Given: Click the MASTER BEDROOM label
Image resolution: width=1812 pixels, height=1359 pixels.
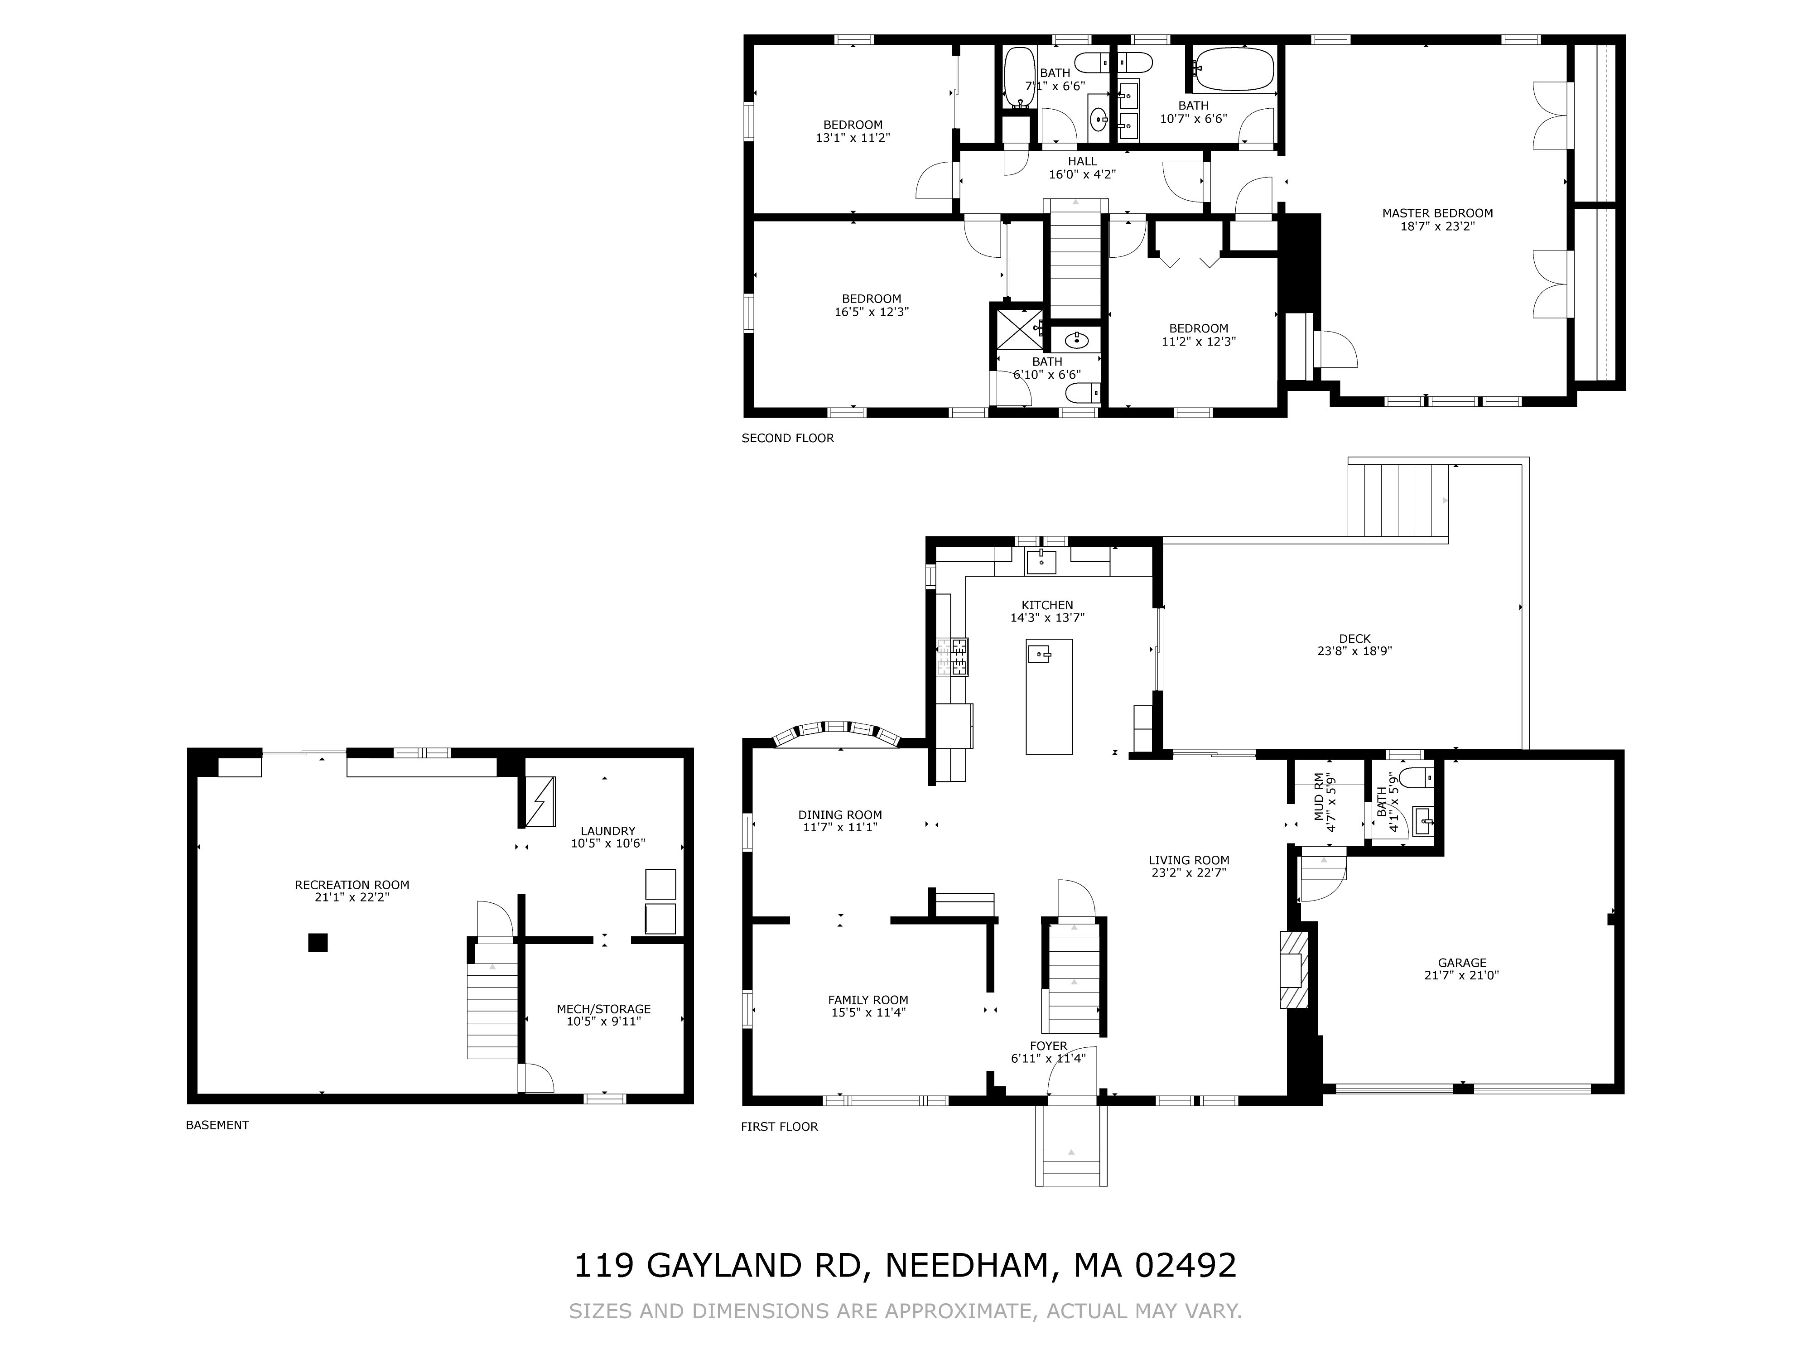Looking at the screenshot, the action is click(1438, 213).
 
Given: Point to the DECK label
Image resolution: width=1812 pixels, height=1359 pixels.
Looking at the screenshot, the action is click(1355, 639).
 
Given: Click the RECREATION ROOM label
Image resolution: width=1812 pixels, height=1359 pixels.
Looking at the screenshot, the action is click(352, 885).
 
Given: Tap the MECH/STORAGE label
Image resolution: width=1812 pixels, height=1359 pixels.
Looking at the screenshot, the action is click(604, 1009).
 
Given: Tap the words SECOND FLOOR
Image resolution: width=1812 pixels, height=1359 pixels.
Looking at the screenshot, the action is click(788, 438).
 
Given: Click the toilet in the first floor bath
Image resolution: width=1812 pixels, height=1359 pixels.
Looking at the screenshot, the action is click(1417, 776).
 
